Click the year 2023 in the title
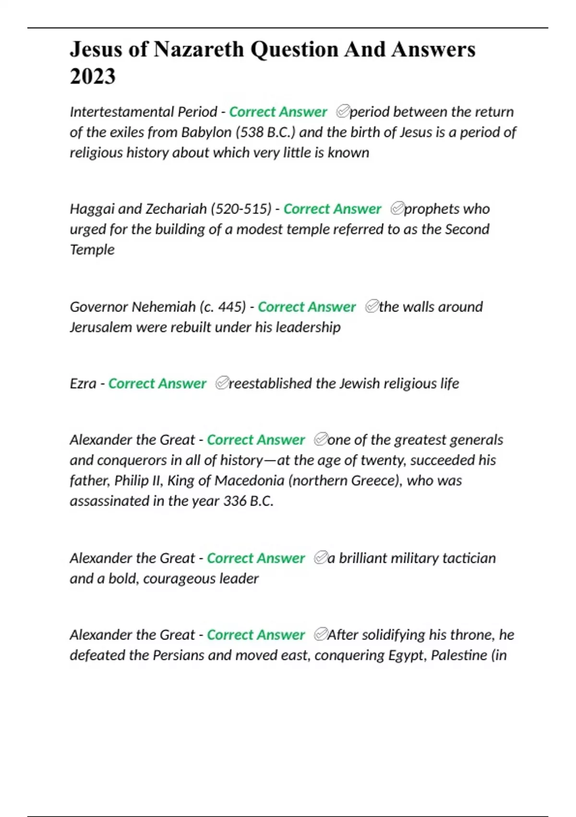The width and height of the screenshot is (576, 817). click(93, 76)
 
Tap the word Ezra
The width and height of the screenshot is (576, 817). click(83, 384)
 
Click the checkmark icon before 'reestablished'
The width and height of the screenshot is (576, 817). click(221, 383)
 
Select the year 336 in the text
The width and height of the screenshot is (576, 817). click(235, 501)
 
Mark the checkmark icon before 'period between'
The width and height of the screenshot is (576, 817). click(342, 111)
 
